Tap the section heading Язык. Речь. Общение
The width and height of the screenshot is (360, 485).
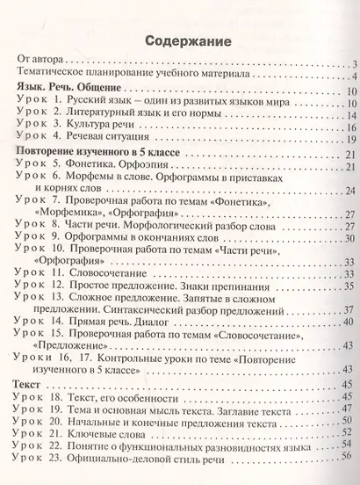(72, 90)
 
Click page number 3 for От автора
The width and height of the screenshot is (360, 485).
(349, 64)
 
